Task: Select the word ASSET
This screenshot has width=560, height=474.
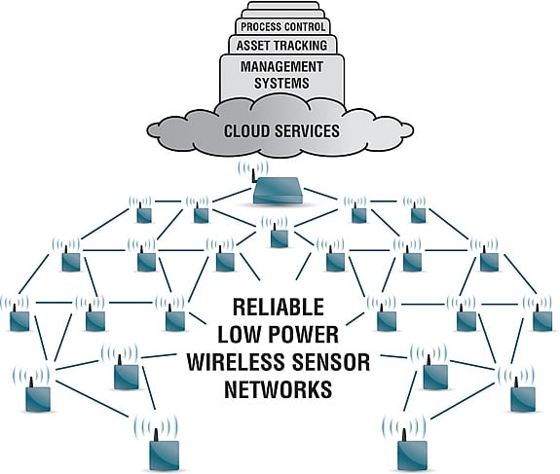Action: tap(254, 45)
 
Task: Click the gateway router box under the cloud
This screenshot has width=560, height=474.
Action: tap(280, 192)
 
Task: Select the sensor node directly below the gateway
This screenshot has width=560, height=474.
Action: tap(279, 237)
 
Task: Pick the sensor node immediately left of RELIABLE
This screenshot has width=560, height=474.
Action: tap(175, 318)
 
